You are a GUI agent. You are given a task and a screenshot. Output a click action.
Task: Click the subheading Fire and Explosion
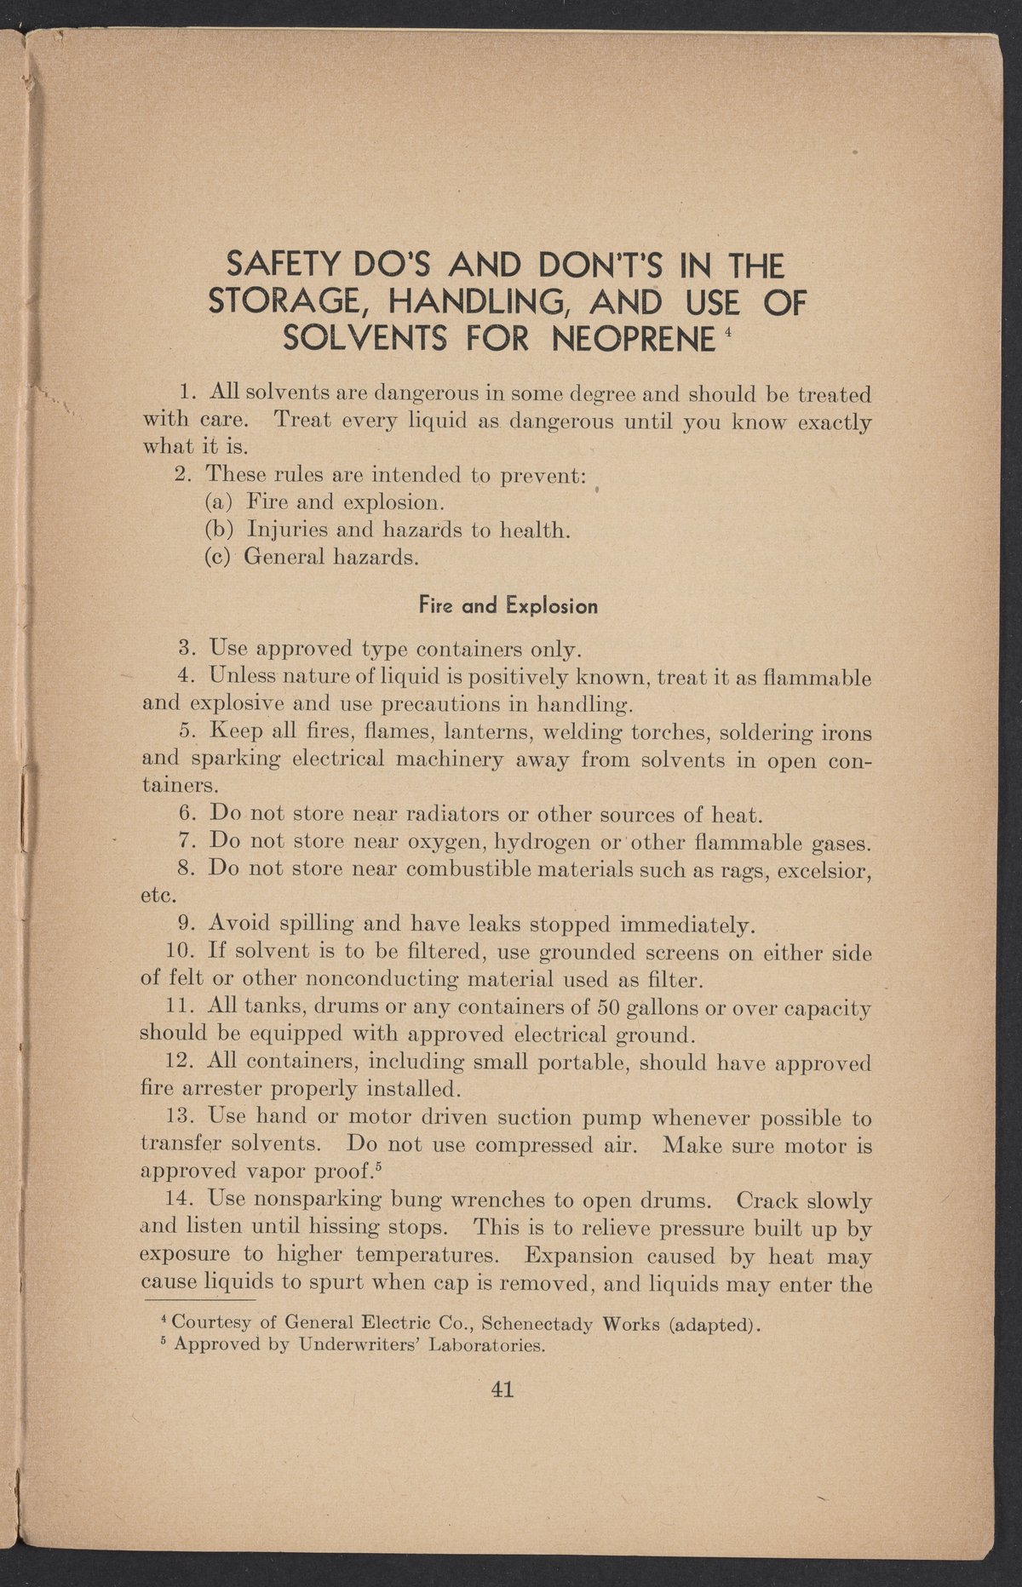pyautogui.click(x=508, y=607)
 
